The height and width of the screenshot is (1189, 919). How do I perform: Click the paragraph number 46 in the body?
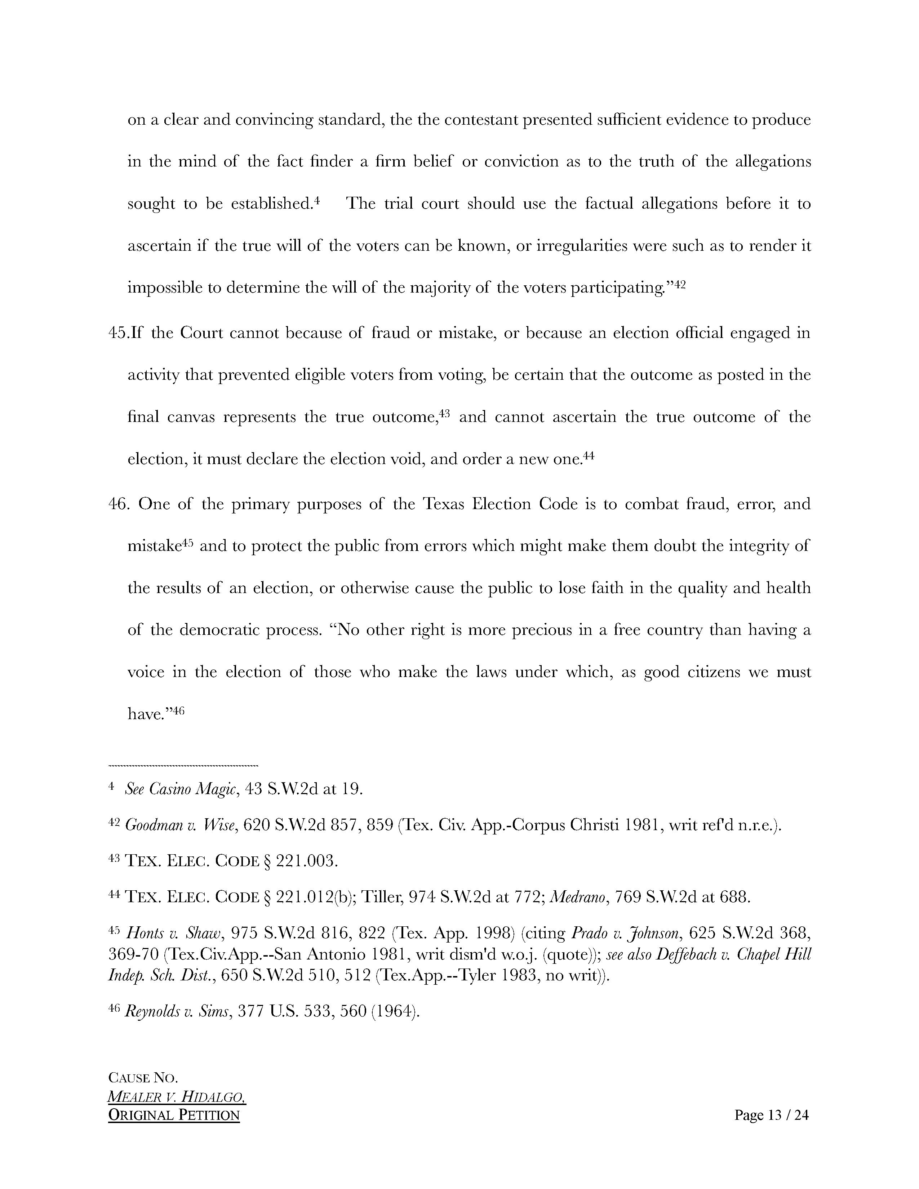click(x=119, y=504)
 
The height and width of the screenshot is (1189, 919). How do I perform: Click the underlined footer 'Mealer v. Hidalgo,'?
click(x=176, y=1097)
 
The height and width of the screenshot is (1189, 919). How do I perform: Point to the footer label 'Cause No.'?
click(x=143, y=1078)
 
